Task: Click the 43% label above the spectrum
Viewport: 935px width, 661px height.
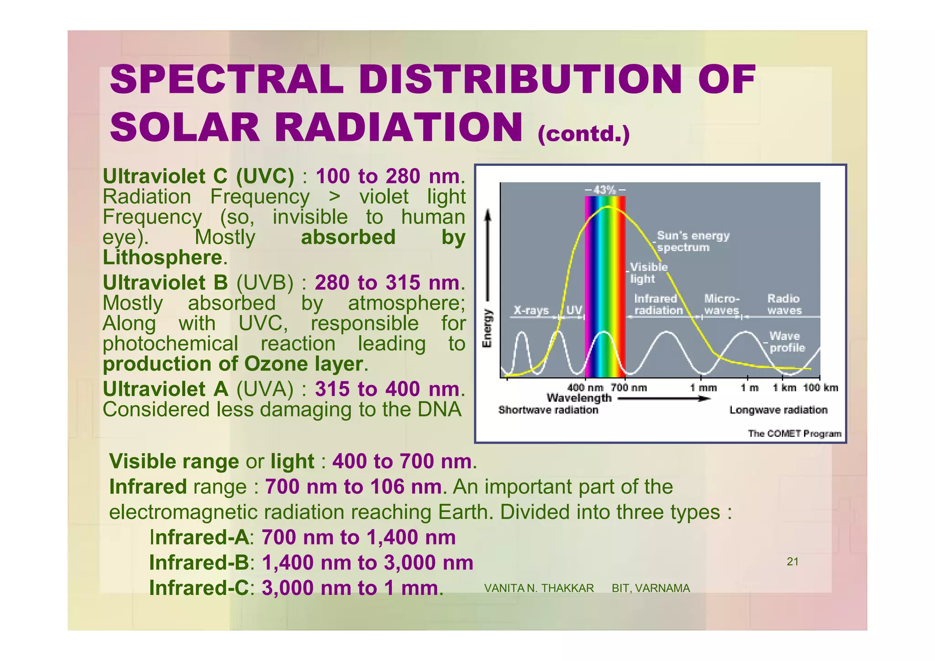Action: (x=605, y=190)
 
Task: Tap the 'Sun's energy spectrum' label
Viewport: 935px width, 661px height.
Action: (x=693, y=242)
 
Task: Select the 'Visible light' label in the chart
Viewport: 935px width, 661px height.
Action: (x=648, y=273)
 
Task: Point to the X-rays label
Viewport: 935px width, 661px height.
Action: (x=531, y=311)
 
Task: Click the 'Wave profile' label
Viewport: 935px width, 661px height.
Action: (x=787, y=342)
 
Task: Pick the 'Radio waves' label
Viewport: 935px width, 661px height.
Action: (x=784, y=304)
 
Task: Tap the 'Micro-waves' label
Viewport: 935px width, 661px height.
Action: (x=721, y=304)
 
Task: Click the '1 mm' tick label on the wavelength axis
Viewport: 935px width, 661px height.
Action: (x=703, y=388)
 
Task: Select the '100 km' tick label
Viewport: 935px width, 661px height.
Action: (x=820, y=388)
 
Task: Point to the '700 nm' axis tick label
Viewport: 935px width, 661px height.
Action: (x=629, y=388)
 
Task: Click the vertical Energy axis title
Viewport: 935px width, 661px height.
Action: (x=488, y=328)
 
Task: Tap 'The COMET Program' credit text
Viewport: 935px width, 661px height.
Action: (x=794, y=434)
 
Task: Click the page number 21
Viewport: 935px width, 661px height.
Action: (x=793, y=562)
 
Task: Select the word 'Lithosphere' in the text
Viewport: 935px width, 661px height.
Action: (x=163, y=258)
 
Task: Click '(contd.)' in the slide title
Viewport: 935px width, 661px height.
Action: (x=583, y=134)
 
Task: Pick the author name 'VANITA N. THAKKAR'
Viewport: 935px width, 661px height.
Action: (x=539, y=588)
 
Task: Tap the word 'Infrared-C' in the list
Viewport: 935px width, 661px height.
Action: (x=199, y=588)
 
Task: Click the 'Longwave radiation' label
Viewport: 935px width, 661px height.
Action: (x=778, y=410)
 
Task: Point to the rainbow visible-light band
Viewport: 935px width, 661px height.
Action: (x=605, y=283)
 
